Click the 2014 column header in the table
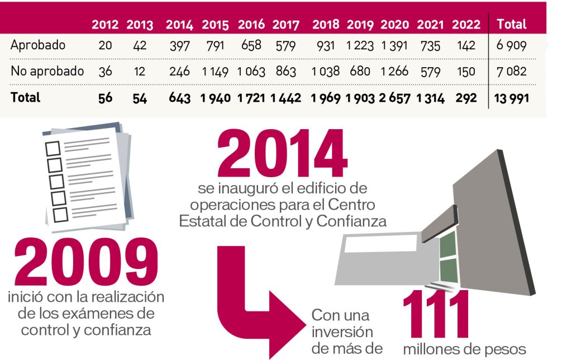(x=179, y=25)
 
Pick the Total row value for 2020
(x=396, y=98)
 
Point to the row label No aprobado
(x=47, y=71)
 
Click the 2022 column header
(x=466, y=25)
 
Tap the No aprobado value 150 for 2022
(x=466, y=72)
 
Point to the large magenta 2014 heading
(x=282, y=154)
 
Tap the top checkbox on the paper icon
(x=53, y=149)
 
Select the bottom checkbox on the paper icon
(x=60, y=214)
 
